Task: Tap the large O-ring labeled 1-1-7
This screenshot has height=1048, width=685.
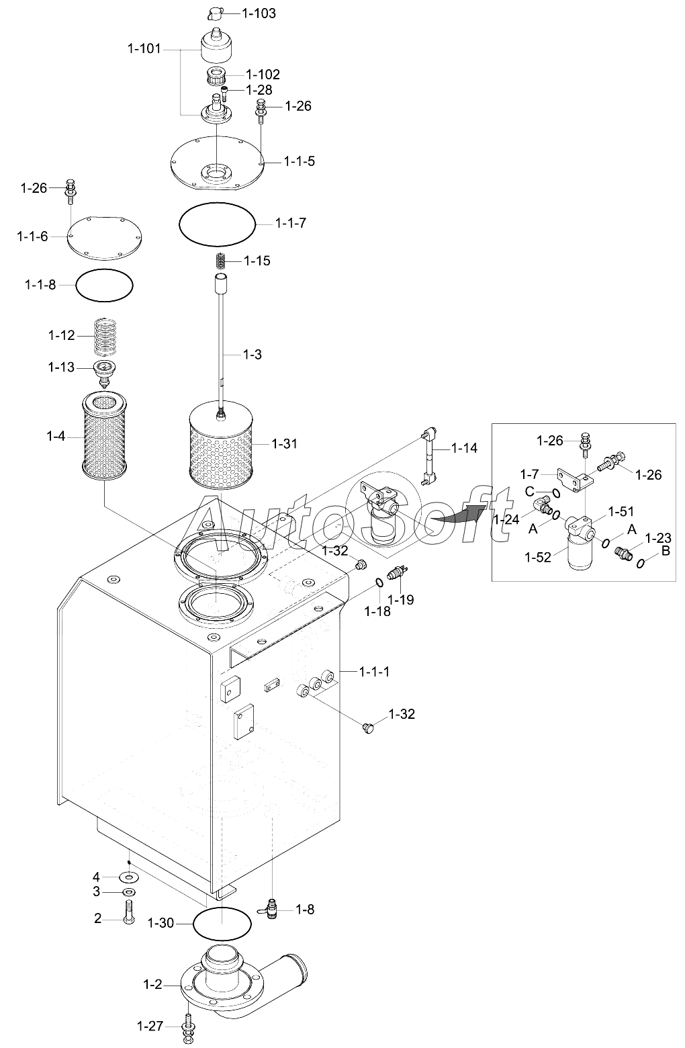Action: [x=217, y=208]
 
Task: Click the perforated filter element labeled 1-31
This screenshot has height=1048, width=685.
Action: [x=220, y=443]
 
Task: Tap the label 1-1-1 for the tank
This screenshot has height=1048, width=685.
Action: [x=374, y=671]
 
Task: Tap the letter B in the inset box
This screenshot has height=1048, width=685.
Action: [x=666, y=551]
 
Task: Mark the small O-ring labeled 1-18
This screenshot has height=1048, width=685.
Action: [x=379, y=582]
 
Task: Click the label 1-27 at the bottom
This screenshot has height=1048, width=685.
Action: [x=150, y=1026]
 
